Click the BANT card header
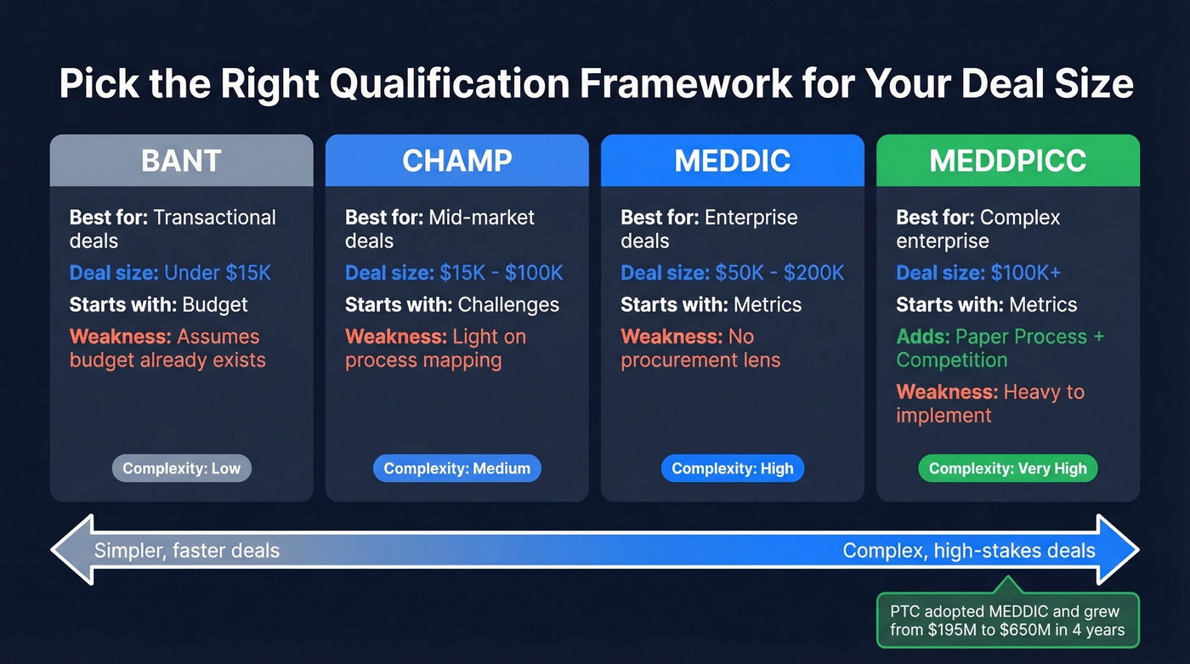(x=181, y=161)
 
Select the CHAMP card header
(x=456, y=161)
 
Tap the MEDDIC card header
(x=732, y=161)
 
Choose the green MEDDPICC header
(x=1007, y=161)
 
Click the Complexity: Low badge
(x=182, y=468)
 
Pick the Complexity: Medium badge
(x=456, y=468)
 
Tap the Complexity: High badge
(x=732, y=468)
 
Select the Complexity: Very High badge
(x=1007, y=468)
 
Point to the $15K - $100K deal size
(x=501, y=273)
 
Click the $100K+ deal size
(x=1026, y=273)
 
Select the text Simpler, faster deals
(x=187, y=551)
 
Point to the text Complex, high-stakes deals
(x=969, y=551)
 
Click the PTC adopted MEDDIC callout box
(x=1007, y=621)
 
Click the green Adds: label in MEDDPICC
(x=923, y=337)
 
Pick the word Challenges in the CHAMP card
(x=508, y=304)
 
